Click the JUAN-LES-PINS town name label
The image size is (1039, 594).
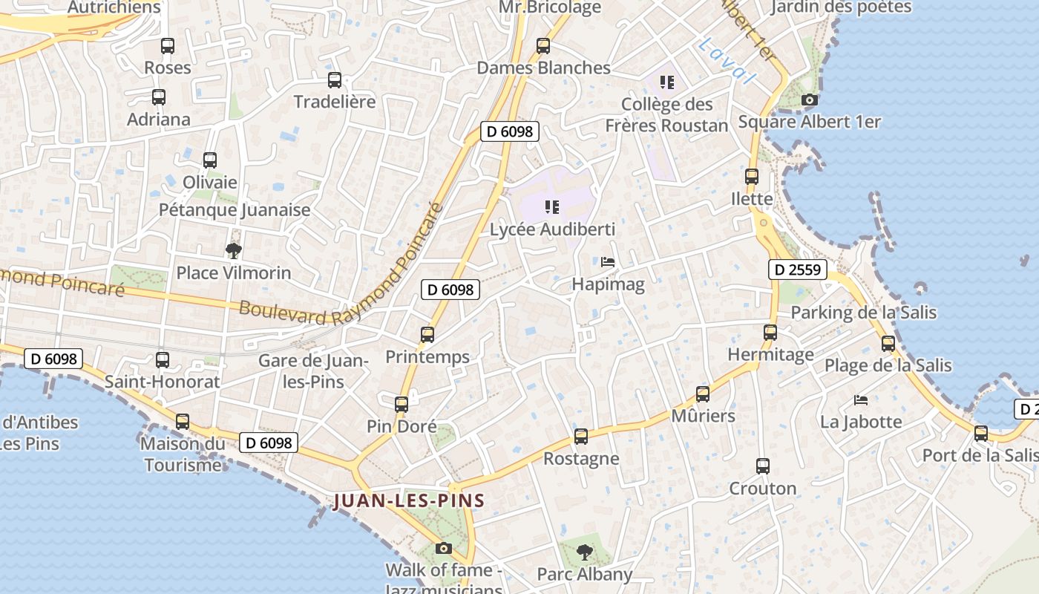[409, 501]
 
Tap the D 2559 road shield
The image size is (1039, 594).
[797, 270]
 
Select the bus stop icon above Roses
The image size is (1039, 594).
[168, 46]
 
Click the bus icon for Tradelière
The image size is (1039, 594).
[335, 80]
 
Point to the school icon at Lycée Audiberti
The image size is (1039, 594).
[551, 207]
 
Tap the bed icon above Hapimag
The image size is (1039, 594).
[608, 262]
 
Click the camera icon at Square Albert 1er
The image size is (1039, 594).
[810, 99]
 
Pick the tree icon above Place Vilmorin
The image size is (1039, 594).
[234, 250]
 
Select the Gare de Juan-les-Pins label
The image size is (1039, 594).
[312, 371]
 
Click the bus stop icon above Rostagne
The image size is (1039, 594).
[581, 437]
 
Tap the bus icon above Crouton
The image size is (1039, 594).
[763, 466]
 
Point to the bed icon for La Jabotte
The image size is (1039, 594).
[861, 400]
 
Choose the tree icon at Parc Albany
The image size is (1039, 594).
[585, 552]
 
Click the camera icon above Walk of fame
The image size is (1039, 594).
[444, 549]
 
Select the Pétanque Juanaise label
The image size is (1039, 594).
[235, 210]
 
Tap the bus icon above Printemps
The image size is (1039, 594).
[427, 335]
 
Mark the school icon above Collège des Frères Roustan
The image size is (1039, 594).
[666, 82]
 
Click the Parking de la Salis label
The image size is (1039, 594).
[863, 313]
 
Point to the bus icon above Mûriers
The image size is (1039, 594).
[703, 394]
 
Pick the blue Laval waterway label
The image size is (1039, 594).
[727, 60]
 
